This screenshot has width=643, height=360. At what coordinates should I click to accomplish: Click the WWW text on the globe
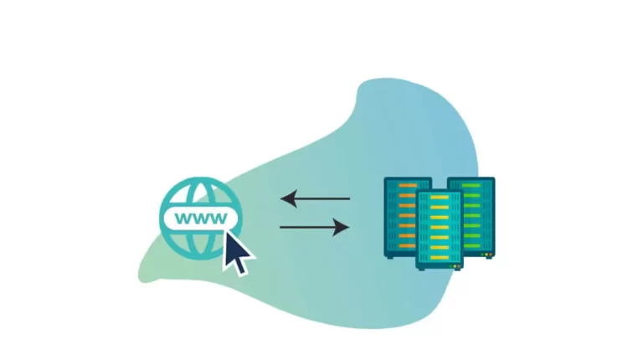pyautogui.click(x=201, y=219)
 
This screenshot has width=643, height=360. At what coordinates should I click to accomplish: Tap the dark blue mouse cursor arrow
pyautogui.click(x=238, y=252)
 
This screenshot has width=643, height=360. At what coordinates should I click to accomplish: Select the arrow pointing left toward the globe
pyautogui.click(x=315, y=199)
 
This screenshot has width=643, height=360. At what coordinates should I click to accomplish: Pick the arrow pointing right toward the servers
pyautogui.click(x=315, y=227)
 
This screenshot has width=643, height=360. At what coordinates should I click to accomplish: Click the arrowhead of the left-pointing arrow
pyautogui.click(x=288, y=199)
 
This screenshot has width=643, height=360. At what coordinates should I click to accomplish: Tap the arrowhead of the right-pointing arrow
pyautogui.click(x=342, y=227)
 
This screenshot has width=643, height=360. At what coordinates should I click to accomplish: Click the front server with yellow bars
pyautogui.click(x=440, y=230)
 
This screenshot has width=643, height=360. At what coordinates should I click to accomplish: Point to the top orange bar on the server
pyautogui.click(x=407, y=186)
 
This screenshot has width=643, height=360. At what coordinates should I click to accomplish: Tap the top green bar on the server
pyautogui.click(x=471, y=186)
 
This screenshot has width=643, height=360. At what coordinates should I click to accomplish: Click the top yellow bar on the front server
pyautogui.click(x=440, y=198)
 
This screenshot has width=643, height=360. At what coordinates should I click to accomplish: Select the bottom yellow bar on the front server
pyautogui.click(x=440, y=258)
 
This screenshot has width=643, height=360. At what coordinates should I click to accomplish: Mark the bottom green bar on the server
pyautogui.click(x=471, y=245)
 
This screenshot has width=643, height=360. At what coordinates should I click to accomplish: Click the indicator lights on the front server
pyautogui.click(x=455, y=266)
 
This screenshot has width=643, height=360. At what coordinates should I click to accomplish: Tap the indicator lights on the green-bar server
pyautogui.click(x=486, y=255)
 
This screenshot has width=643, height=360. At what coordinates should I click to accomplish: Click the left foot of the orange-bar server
pyautogui.click(x=390, y=257)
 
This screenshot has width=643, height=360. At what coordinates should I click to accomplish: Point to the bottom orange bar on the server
pyautogui.click(x=407, y=245)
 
